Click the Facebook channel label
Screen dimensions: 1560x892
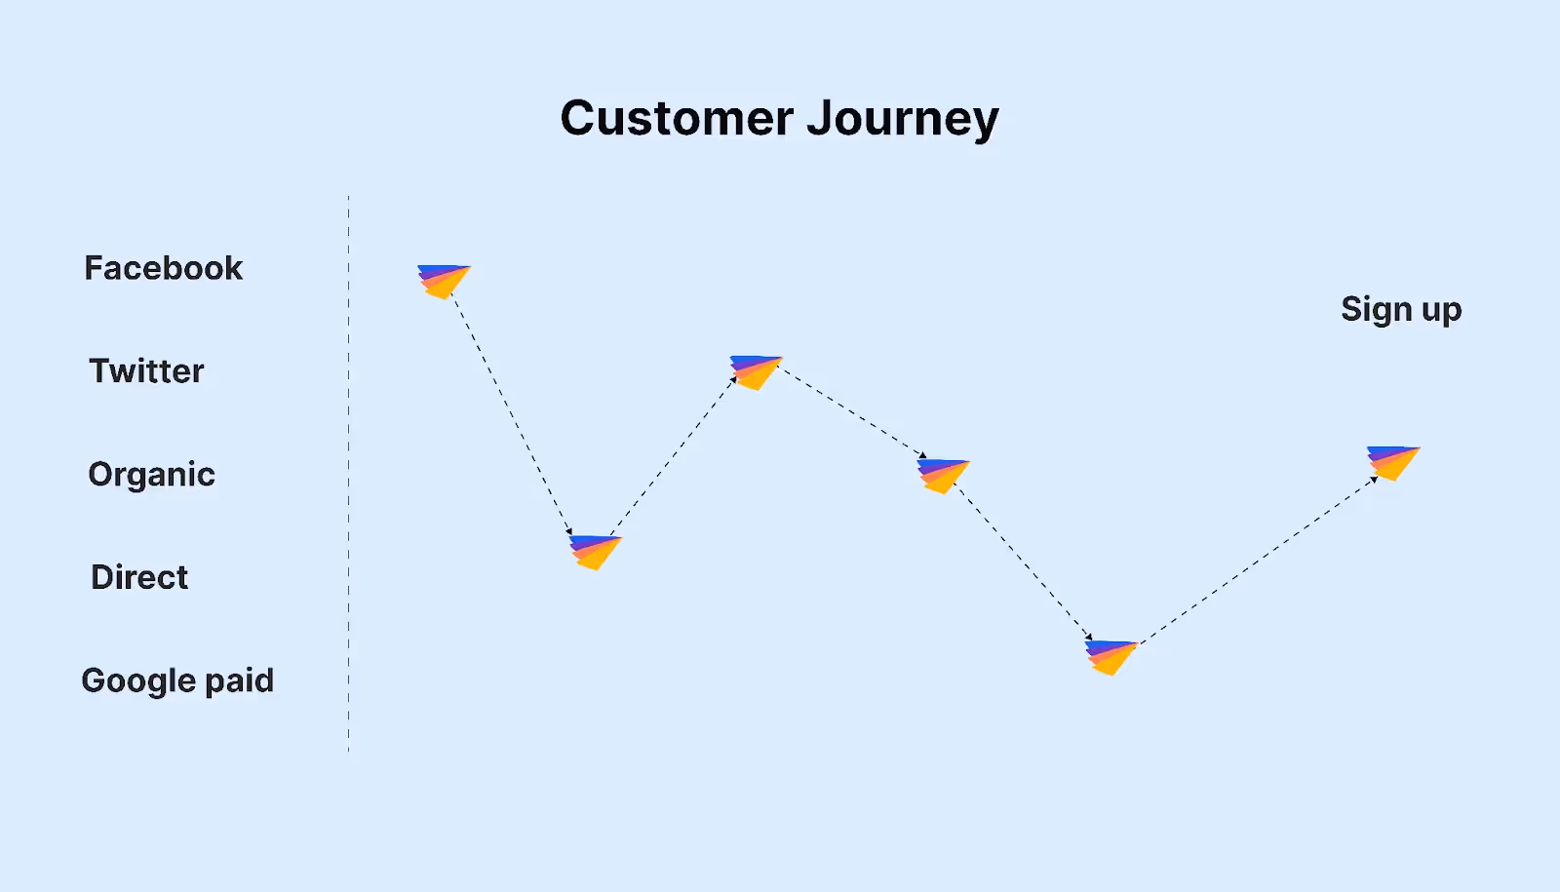163,268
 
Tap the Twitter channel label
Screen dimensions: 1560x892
146,371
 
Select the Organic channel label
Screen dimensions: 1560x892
151,475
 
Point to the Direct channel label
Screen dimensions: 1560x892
139,577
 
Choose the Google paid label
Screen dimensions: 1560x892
177,680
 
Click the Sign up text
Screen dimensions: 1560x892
1401,310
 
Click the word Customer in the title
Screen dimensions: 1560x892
677,119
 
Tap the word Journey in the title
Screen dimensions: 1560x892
903,119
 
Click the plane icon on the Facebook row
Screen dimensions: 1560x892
443,280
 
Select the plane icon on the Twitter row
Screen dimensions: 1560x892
756,371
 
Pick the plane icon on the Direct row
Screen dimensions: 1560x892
595,551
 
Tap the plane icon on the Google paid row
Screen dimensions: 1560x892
1111,656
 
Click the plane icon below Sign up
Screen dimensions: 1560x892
1392,461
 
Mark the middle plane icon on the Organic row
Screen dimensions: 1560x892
943,475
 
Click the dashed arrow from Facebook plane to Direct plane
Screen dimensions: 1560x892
512,414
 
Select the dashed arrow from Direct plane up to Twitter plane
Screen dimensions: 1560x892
673,456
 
